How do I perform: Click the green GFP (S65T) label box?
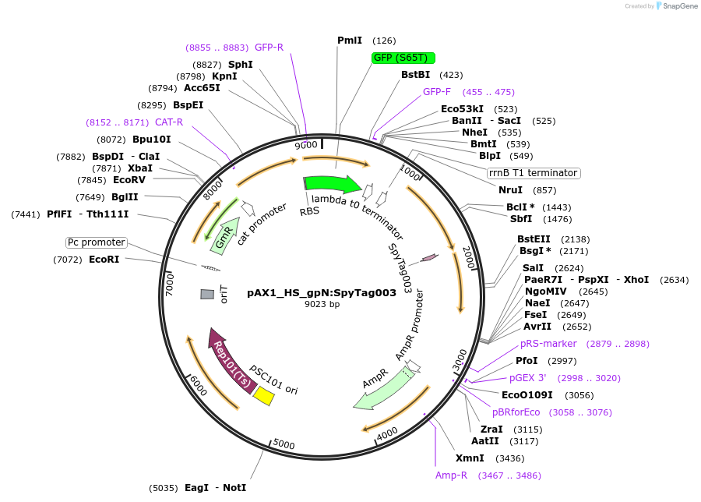[x=403, y=58]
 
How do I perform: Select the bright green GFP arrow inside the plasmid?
[x=331, y=185]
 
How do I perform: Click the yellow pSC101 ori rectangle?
[x=264, y=396]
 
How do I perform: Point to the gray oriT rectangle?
[x=207, y=294]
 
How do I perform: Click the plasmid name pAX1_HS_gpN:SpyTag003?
[x=322, y=293]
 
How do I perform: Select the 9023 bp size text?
[x=322, y=305]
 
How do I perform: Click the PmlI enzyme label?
[x=350, y=41]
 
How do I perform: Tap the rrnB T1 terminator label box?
[x=534, y=173]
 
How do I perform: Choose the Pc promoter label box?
[x=96, y=242]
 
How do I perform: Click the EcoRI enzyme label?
[x=104, y=260]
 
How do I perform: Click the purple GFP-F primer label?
[x=437, y=92]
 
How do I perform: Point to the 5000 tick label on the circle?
[x=284, y=444]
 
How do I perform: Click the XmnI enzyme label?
[x=470, y=458]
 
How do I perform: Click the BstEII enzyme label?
[x=534, y=239]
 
